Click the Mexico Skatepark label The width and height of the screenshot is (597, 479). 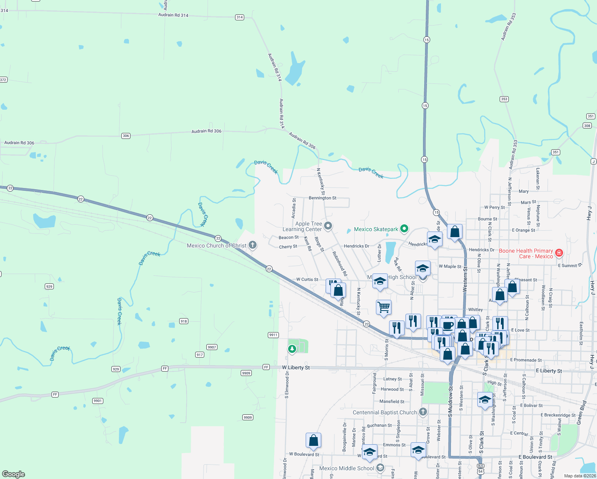point(376,229)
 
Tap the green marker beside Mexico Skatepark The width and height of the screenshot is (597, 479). point(404,229)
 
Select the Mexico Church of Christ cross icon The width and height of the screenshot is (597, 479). point(252,245)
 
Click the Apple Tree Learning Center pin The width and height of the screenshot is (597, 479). point(328,226)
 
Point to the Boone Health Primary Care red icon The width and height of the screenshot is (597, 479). point(559,253)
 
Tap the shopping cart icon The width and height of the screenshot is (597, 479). point(384,307)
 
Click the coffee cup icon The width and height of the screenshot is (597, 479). point(448,325)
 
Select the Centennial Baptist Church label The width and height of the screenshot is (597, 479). point(385,412)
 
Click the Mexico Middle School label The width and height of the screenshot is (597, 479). point(347,468)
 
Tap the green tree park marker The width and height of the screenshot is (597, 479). point(292,349)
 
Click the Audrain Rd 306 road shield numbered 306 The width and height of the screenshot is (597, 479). point(126,136)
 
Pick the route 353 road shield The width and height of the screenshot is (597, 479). point(504,99)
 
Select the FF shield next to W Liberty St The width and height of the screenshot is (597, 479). point(266,367)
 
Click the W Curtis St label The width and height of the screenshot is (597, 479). point(307,279)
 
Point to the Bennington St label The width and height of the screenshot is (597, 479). point(322,198)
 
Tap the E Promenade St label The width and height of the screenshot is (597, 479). point(526,360)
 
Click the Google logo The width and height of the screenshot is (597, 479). point(14,474)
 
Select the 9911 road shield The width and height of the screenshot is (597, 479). point(273,335)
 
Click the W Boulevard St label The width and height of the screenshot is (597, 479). point(304,454)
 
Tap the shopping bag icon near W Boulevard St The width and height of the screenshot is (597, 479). point(314,440)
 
